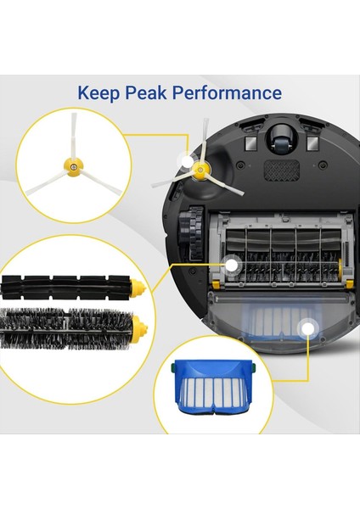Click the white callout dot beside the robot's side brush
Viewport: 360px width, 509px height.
[186, 159]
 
